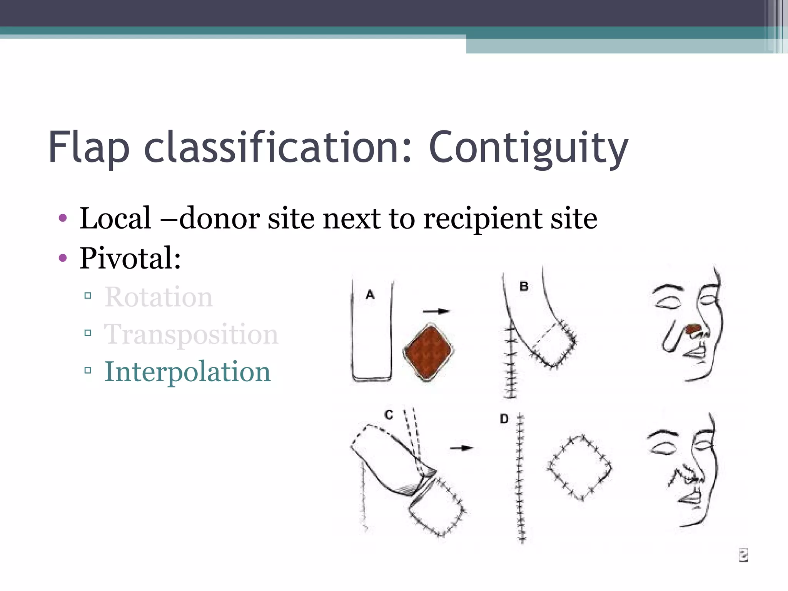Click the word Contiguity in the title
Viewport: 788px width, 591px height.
coord(528,149)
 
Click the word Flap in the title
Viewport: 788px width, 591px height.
coord(88,149)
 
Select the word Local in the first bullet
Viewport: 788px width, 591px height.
coord(115,218)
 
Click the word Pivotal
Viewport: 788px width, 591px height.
coord(130,258)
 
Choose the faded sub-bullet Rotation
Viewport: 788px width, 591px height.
coord(158,297)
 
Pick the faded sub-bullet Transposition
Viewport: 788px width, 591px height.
coord(191,334)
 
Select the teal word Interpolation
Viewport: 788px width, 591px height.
coord(187,372)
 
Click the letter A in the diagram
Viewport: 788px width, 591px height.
coord(370,295)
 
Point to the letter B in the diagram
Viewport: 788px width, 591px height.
coord(524,286)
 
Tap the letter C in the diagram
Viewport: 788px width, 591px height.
coord(389,415)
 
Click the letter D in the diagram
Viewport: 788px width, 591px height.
coord(504,419)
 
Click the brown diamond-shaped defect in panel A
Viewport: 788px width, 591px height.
coord(428,352)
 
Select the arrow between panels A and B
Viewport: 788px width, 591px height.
coord(436,311)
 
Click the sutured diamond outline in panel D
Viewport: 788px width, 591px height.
coord(579,468)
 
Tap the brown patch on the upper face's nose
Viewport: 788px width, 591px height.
coord(694,328)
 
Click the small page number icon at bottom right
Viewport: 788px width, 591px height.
coord(743,555)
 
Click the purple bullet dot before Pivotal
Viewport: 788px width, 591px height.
coord(63,257)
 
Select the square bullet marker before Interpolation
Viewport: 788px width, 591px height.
coord(88,371)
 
